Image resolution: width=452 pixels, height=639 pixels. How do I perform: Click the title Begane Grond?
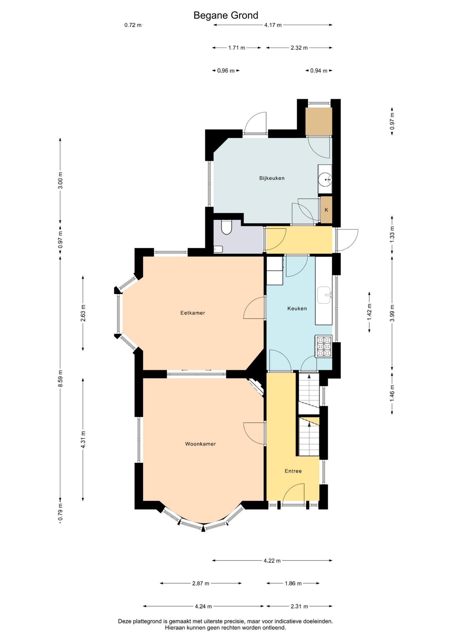coord(226,15)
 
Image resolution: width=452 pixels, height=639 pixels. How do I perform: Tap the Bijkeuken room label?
coord(272,178)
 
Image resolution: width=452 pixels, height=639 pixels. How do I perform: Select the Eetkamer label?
coord(192,313)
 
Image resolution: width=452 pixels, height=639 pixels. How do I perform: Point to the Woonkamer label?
coord(200,444)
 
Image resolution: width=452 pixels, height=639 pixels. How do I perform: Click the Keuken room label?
coord(297,308)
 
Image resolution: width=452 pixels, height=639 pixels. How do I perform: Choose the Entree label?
coord(293,471)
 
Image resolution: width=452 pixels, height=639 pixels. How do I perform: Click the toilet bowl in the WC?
coord(226,227)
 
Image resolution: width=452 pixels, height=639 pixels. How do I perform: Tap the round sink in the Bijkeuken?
coord(325,180)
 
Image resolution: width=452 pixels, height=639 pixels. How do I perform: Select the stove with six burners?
coord(323,346)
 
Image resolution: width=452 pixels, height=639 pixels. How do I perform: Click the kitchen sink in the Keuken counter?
coord(325,295)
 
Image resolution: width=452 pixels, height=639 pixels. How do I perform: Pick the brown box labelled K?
coord(326,210)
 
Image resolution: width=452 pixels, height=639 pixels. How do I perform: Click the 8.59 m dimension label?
coord(61,378)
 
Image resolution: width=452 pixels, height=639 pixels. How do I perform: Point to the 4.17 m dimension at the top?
coord(273,25)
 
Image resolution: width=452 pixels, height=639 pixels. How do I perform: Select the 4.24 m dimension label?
coord(203,606)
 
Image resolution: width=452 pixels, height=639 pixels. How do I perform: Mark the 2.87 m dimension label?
coord(201,583)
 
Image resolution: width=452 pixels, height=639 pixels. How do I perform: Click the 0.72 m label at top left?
coord(133,25)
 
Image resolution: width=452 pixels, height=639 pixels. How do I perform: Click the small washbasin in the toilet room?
coord(218,249)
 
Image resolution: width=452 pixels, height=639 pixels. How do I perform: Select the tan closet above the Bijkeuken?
coord(318,122)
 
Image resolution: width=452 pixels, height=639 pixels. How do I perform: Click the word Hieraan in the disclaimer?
coord(175,627)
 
